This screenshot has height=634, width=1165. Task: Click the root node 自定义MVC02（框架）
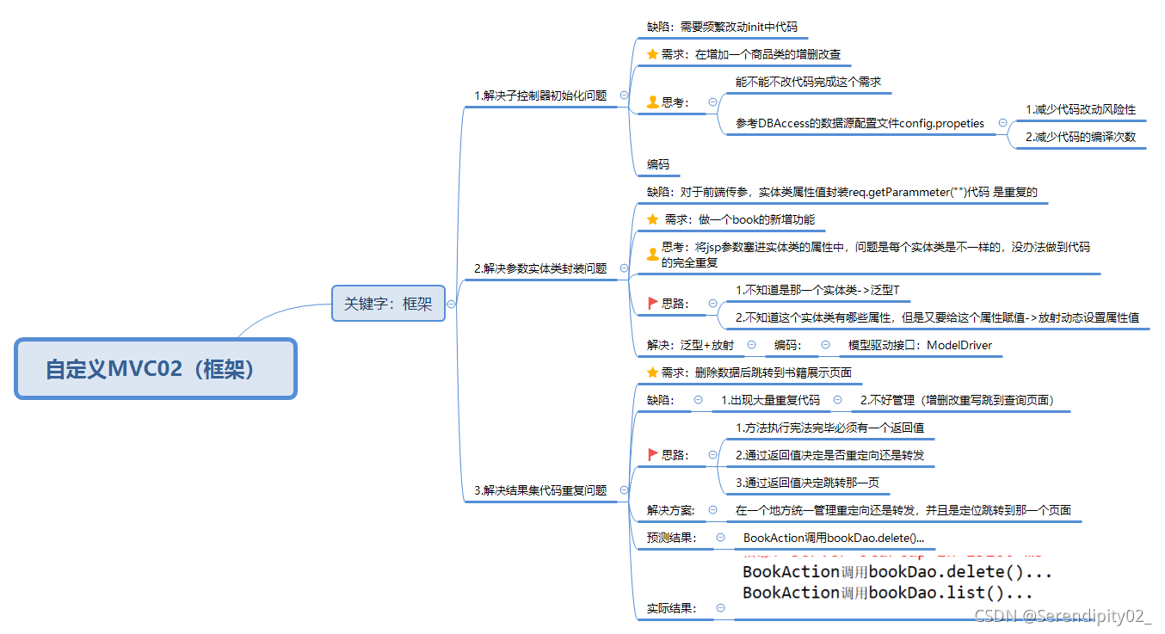coord(156,368)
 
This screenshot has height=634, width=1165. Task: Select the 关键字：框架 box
coord(389,304)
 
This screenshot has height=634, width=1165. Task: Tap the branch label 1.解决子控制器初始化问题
coord(540,95)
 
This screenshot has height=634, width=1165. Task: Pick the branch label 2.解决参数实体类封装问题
coord(540,268)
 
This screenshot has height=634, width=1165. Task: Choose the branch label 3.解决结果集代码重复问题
coord(540,490)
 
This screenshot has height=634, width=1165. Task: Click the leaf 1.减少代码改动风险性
coord(1081,109)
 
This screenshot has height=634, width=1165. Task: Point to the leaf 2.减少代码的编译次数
coord(1081,137)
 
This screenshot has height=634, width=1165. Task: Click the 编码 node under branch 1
coord(658,164)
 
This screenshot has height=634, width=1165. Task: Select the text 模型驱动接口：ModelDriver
coord(920,345)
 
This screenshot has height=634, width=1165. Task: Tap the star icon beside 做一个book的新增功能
coord(652,219)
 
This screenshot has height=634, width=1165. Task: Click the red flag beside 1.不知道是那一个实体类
coord(652,303)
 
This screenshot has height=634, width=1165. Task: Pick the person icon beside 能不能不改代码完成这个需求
coord(652,102)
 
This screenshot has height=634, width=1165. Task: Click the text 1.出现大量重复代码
coord(770,400)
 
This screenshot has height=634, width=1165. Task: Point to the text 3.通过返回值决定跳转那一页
coord(807,483)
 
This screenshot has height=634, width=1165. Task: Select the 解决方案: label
coord(670,510)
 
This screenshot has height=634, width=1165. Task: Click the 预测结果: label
coord(671,539)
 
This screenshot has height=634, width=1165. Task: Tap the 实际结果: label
coord(671,608)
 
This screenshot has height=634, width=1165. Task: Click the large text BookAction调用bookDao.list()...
coord(887,593)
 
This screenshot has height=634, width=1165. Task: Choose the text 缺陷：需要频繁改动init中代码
coord(722,27)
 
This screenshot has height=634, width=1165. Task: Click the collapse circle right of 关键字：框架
coord(451,304)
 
